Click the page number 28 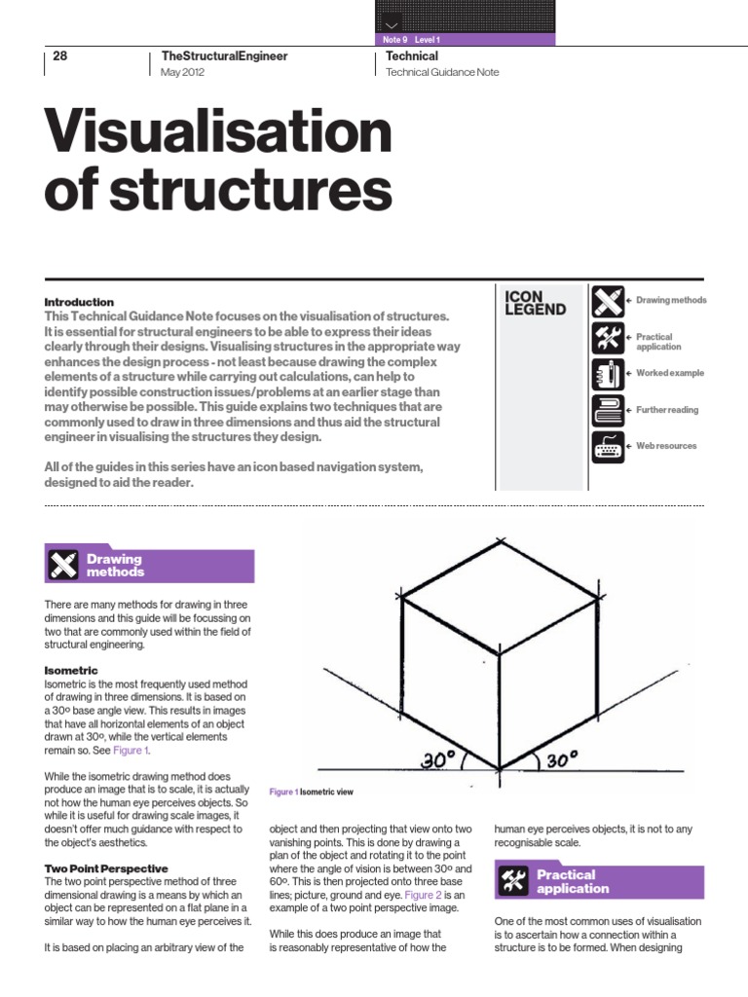[x=59, y=56]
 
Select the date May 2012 [x=183, y=73]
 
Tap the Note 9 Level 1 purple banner [x=465, y=40]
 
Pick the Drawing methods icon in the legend [x=607, y=301]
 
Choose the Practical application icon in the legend [x=607, y=338]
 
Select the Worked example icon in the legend [x=607, y=375]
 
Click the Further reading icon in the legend [x=607, y=411]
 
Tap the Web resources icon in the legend [x=607, y=447]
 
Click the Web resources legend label [x=666, y=446]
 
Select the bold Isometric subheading [x=71, y=671]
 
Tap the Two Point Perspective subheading [x=106, y=868]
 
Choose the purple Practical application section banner [x=599, y=881]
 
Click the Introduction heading [x=79, y=302]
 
